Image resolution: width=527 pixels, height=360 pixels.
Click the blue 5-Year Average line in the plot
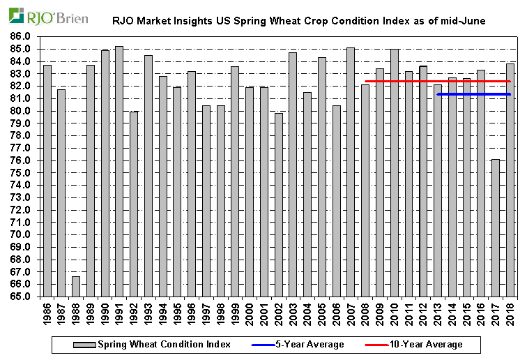[x=473, y=94]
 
